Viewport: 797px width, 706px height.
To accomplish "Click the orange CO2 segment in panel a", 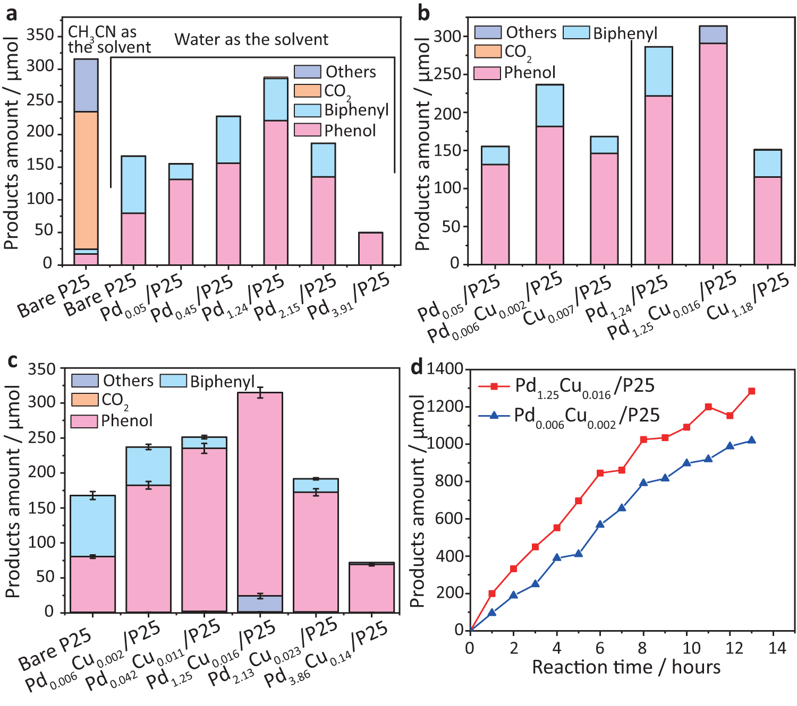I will click(86, 180).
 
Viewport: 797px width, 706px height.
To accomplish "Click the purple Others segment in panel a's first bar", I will click(86, 85).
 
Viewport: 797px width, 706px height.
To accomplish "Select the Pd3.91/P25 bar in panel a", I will click(370, 248).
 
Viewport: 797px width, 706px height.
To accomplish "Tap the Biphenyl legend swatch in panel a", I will click(308, 110).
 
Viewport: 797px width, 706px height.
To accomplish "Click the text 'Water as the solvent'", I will click(251, 40).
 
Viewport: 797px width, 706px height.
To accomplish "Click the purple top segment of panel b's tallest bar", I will click(713, 35).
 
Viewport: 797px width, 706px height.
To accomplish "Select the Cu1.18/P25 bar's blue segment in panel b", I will click(767, 163).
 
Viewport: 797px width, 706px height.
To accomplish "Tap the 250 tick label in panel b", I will click(447, 74).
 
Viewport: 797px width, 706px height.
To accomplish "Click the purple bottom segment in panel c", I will click(260, 604).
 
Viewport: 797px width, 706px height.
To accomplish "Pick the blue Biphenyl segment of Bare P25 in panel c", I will click(93, 526).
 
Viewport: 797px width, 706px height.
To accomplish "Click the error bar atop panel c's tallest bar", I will click(260, 392).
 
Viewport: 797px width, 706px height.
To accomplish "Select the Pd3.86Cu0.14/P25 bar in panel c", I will click(371, 588).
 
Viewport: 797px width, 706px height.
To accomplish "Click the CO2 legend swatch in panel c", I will click(85, 400).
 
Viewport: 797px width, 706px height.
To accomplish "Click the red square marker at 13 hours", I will click(751, 391).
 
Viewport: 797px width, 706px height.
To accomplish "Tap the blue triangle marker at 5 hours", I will click(579, 554).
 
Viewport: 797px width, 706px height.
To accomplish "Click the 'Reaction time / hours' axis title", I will click(626, 667).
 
